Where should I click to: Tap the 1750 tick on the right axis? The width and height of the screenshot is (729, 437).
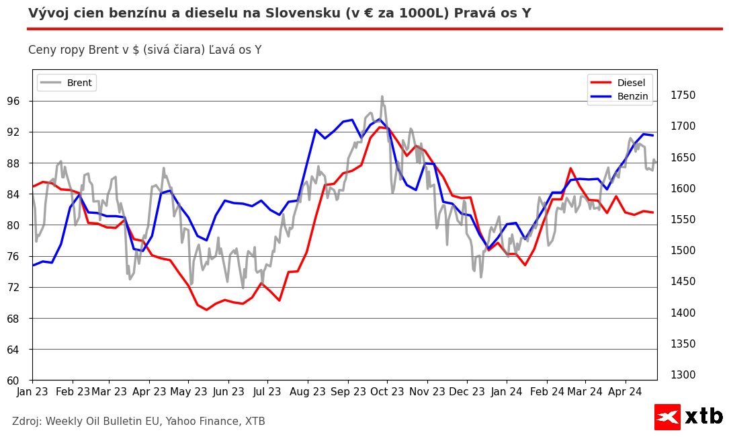click(x=683, y=95)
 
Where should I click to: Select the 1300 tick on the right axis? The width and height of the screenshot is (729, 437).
click(x=683, y=375)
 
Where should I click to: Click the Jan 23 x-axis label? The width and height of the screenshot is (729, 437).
click(x=33, y=391)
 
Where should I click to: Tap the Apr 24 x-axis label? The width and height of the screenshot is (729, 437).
click(x=625, y=391)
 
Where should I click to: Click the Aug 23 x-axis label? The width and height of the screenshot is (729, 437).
click(x=307, y=391)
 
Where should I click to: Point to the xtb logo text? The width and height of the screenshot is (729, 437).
click(x=703, y=417)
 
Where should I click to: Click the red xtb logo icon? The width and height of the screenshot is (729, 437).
click(x=667, y=417)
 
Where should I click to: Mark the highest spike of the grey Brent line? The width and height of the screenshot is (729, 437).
click(x=382, y=96)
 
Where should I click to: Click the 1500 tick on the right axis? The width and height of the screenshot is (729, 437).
click(x=683, y=251)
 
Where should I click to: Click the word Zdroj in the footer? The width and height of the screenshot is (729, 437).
click(x=27, y=422)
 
